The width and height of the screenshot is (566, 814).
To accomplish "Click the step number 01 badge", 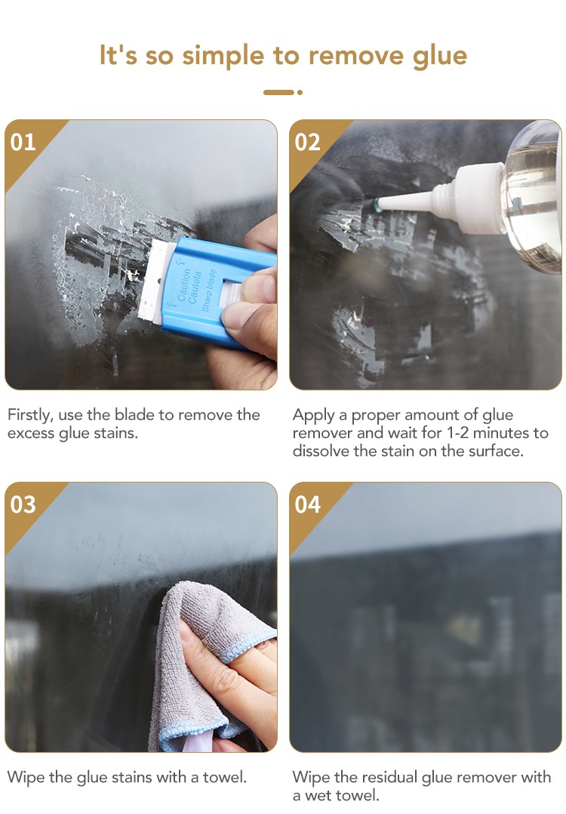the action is tap(23, 142).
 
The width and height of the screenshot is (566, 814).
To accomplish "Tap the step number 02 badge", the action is tap(308, 142).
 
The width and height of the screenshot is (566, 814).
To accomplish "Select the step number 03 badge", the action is tap(23, 504).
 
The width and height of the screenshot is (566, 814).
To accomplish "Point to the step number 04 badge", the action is tap(308, 504).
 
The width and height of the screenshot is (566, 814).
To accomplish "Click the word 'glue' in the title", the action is tap(440, 56).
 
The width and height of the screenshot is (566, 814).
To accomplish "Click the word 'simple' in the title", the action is tap(223, 56).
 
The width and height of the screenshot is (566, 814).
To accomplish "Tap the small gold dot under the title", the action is tap(300, 92).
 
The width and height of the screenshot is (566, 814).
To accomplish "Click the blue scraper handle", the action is tap(218, 291).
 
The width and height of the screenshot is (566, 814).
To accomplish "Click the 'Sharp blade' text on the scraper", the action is tap(208, 291).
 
